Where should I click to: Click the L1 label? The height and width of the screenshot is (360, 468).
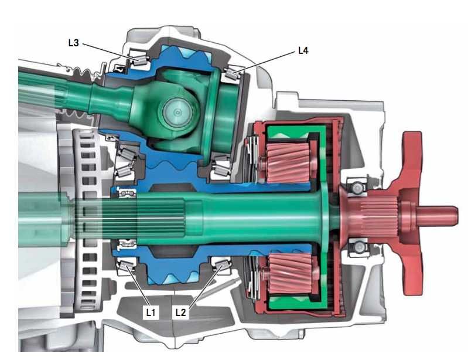[x=151, y=312]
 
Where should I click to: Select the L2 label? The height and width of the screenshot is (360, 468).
[x=180, y=312]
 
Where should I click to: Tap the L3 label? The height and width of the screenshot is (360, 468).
[x=73, y=43]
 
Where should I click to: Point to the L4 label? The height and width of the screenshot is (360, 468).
[x=303, y=50]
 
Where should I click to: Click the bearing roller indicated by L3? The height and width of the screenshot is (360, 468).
[x=139, y=60]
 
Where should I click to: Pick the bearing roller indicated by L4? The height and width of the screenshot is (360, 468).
[x=232, y=73]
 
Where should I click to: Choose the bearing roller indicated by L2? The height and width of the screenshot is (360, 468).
[x=221, y=264]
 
